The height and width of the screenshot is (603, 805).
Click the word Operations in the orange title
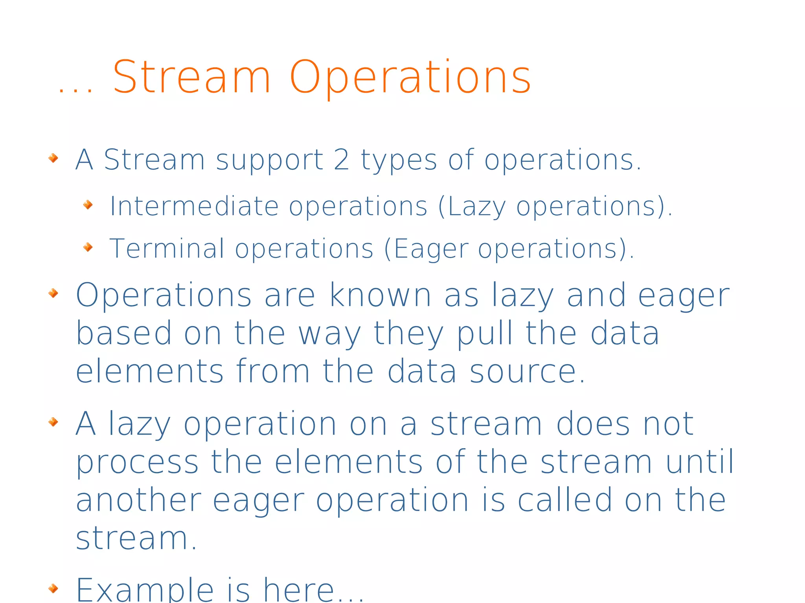[x=410, y=78]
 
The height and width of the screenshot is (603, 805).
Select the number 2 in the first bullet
[x=341, y=160]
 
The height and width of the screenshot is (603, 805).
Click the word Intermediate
[x=194, y=206]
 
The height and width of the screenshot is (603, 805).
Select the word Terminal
[x=167, y=248]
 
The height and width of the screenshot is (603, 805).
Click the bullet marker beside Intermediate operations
[x=88, y=204]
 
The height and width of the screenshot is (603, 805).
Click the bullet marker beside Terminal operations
[x=88, y=247]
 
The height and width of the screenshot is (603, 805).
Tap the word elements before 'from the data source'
[x=149, y=371]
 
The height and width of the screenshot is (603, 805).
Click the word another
[x=138, y=500]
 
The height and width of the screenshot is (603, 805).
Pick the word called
[x=565, y=500]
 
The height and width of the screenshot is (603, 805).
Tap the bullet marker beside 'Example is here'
[x=53, y=588]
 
